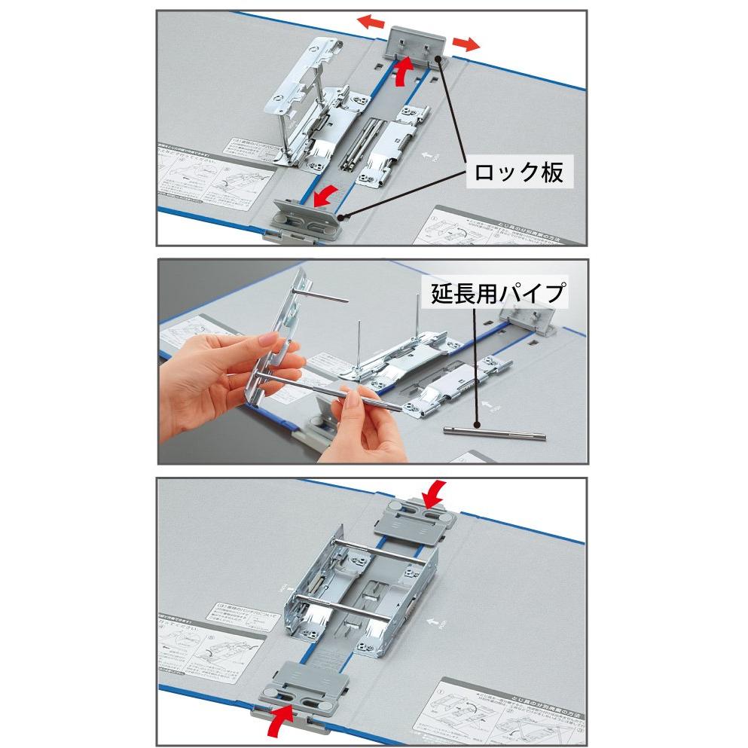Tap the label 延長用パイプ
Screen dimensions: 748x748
point(497,293)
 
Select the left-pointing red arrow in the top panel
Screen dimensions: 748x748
point(369,23)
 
